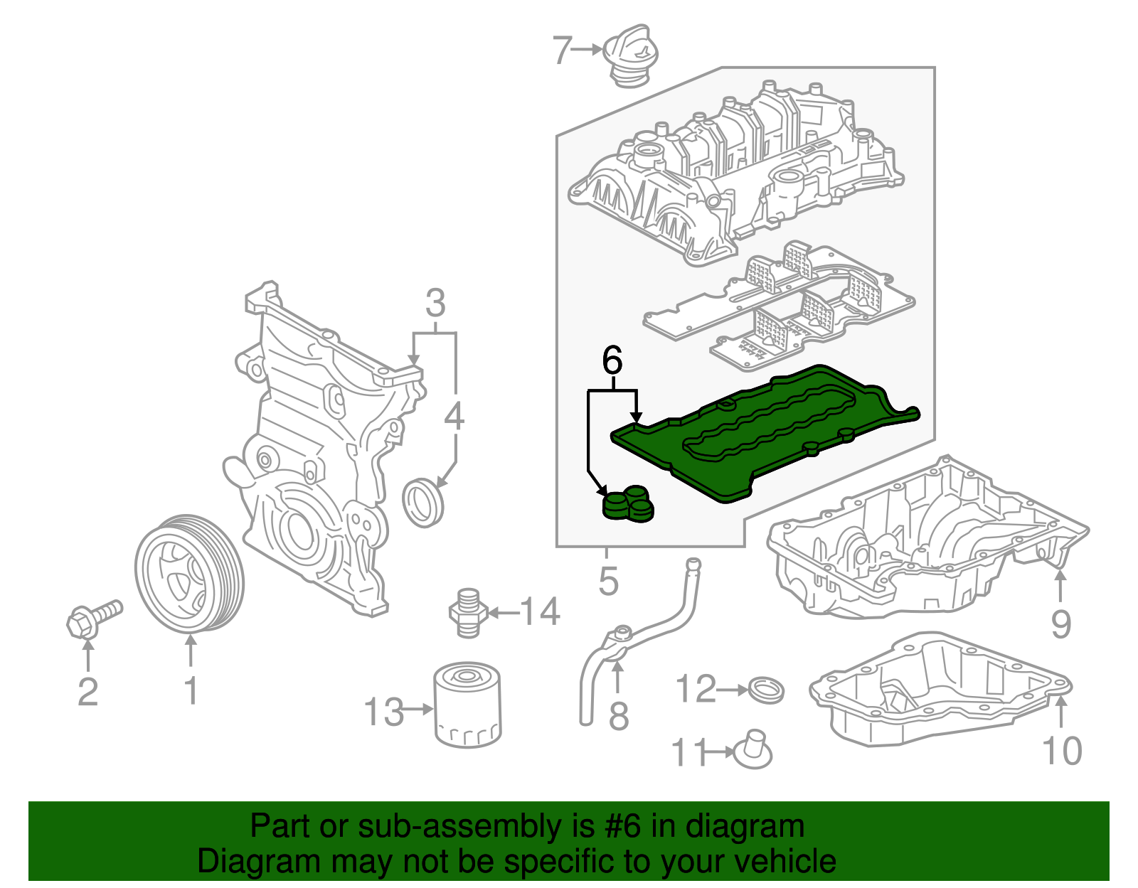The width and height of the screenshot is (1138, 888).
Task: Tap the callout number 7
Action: (x=562, y=50)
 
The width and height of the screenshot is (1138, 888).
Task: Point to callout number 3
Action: (x=435, y=304)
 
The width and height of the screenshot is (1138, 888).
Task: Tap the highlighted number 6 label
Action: (x=612, y=361)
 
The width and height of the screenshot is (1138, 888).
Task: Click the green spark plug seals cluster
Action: (x=628, y=504)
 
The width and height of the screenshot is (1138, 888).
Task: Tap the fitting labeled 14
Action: (x=465, y=611)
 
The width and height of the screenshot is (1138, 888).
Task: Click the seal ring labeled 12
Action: (x=767, y=690)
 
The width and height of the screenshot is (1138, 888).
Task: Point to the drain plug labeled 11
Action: (x=753, y=750)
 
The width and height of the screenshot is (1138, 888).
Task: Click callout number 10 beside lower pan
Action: (x=1062, y=751)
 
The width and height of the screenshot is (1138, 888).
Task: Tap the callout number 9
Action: (x=1060, y=625)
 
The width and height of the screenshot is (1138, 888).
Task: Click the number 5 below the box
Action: (x=608, y=581)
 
